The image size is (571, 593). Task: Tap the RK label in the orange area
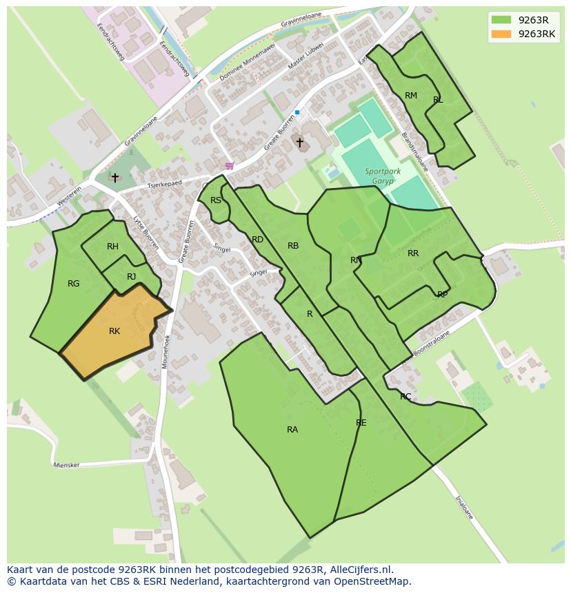pos(114,331)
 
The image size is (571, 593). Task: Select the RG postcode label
pos(74,283)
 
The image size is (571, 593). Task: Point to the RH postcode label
pos(112,247)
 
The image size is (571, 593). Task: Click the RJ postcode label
pos(131,277)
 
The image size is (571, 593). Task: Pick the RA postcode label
pos(292,429)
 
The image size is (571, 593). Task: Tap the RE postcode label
pos(361,423)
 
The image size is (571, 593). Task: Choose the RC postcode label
pos(405,397)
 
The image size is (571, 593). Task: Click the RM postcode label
pos(411,96)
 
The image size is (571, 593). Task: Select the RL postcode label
pos(438,100)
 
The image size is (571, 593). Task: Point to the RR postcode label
pos(413,253)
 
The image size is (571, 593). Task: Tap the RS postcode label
pos(216,200)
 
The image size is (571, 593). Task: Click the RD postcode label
pos(257,240)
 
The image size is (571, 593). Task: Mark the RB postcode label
pos(293,246)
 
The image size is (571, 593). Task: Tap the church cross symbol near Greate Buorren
pos(299,143)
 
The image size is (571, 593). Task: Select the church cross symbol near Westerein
pos(114,178)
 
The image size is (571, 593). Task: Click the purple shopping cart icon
pos(230,166)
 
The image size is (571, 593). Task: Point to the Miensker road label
pos(66,465)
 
